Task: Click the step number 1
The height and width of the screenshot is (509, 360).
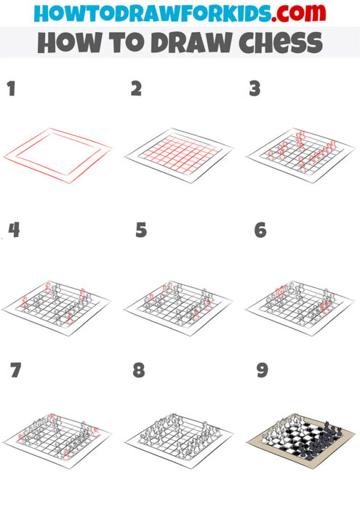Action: pyautogui.click(x=11, y=89)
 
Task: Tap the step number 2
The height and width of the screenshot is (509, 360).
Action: pyautogui.click(x=136, y=89)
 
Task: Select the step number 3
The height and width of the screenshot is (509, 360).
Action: pyautogui.click(x=255, y=89)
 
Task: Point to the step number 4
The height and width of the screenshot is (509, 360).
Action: pyautogui.click(x=14, y=231)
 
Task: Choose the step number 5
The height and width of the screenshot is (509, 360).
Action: pyautogui.click(x=141, y=231)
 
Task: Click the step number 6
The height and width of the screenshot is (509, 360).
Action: pyautogui.click(x=260, y=231)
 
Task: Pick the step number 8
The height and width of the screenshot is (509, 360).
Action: pyautogui.click(x=138, y=371)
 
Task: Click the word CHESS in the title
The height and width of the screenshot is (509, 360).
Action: pyautogui.click(x=276, y=43)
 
